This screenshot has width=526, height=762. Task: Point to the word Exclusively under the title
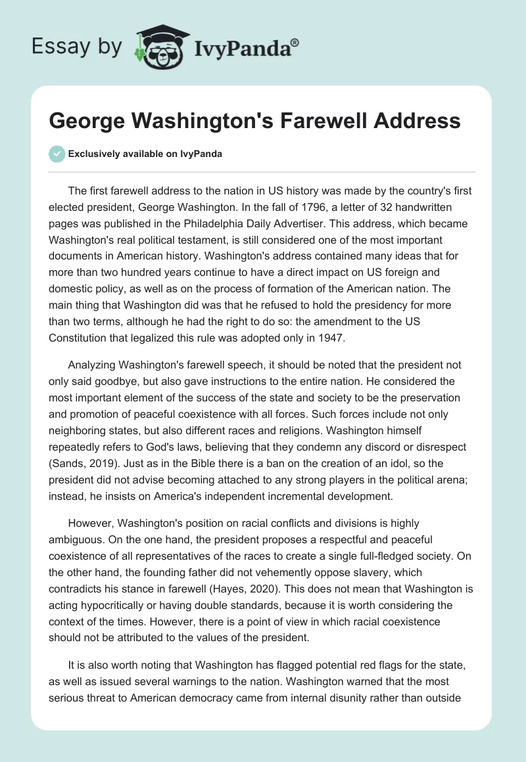95,154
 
